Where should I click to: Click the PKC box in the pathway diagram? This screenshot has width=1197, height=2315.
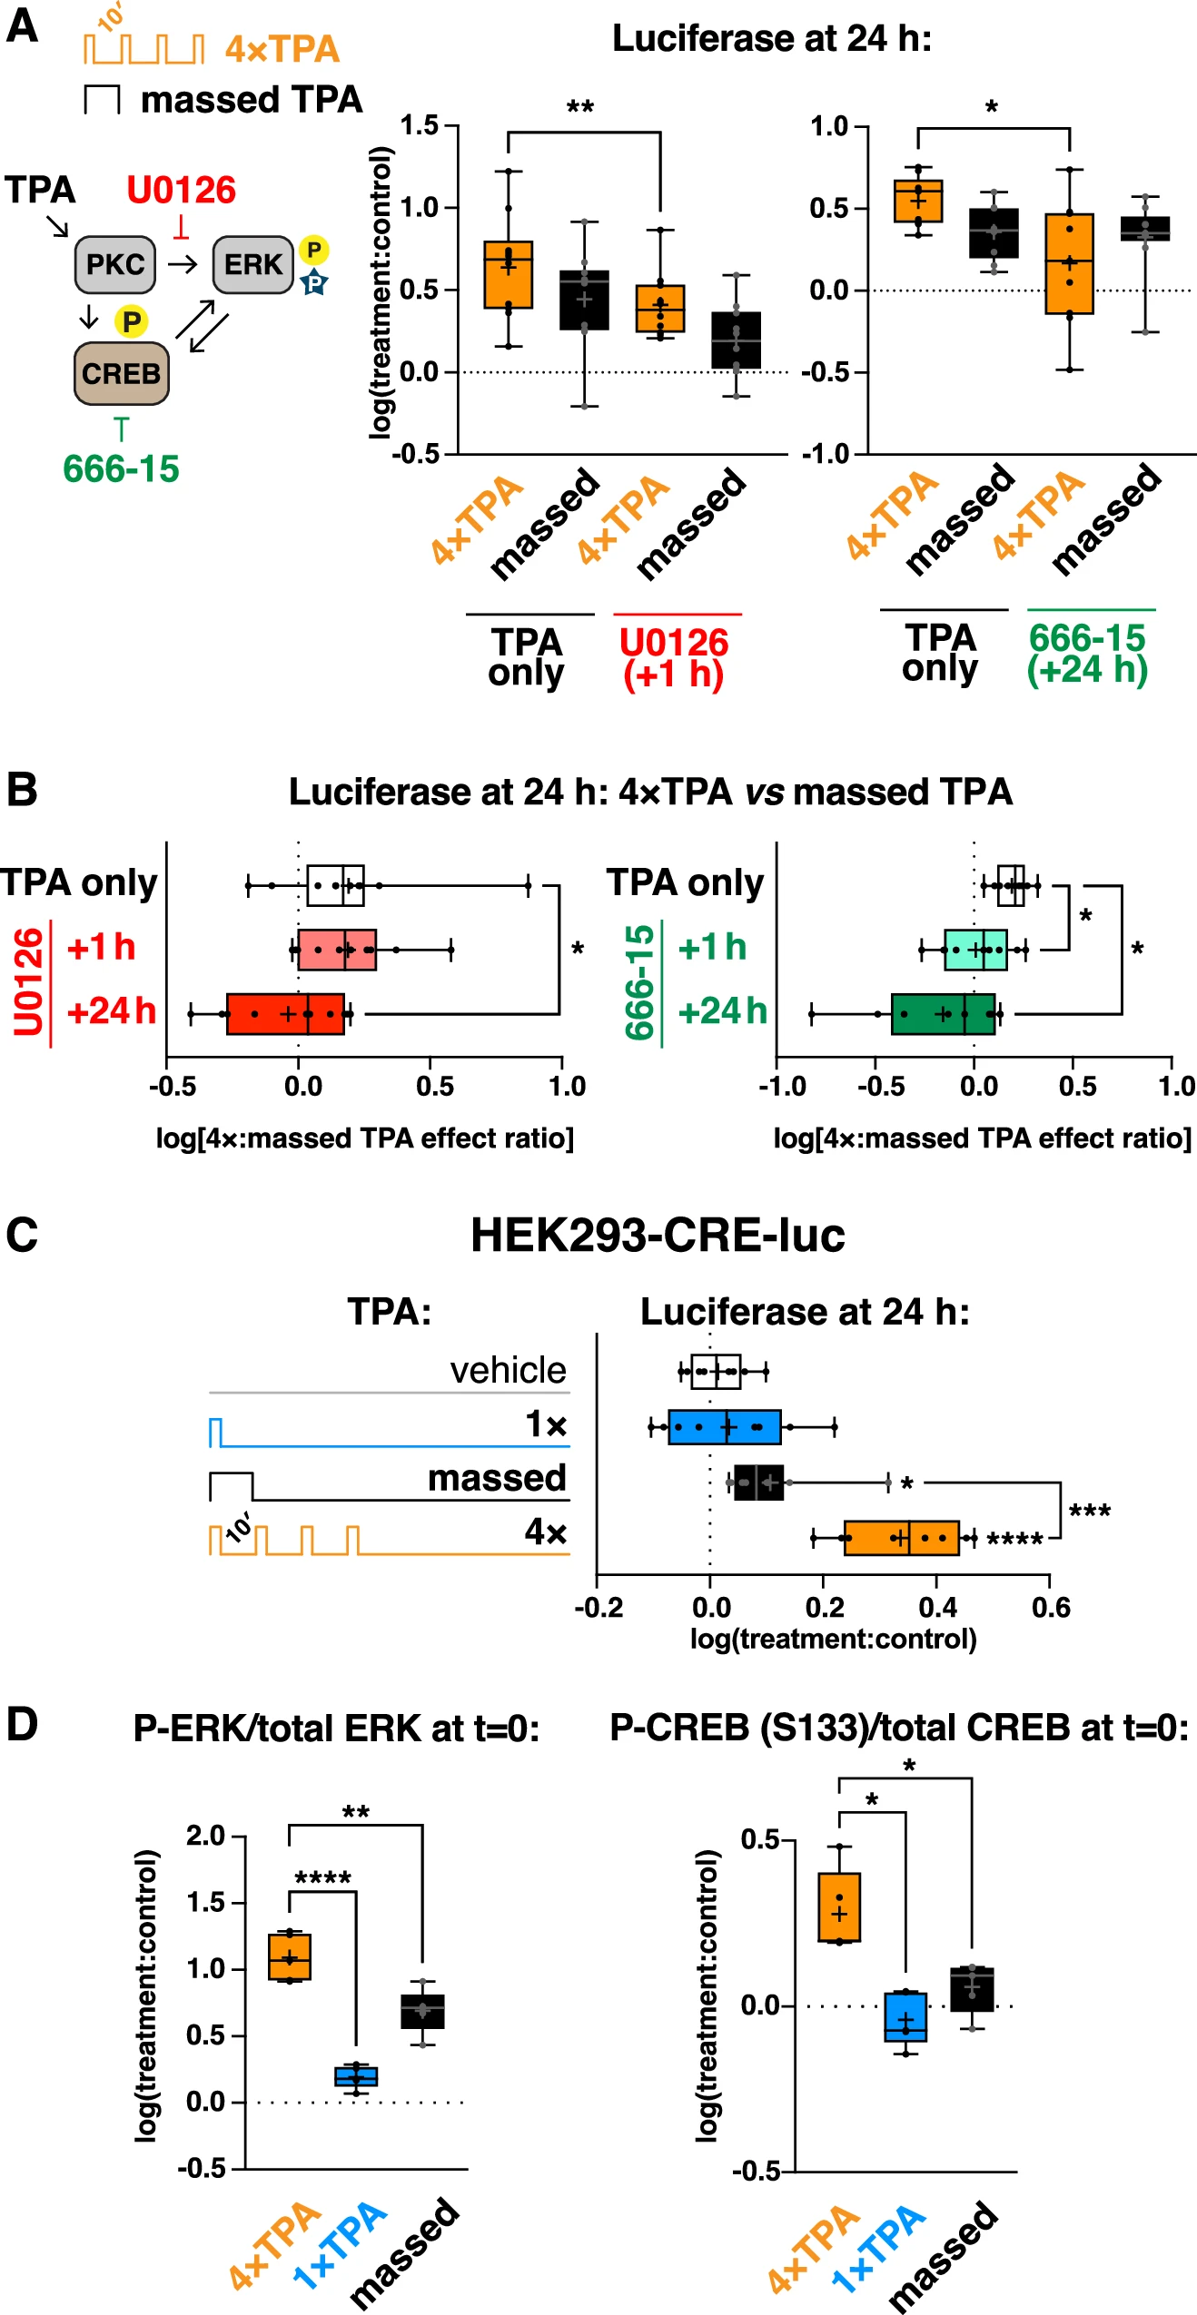click(115, 265)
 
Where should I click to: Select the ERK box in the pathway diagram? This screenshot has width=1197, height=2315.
click(252, 265)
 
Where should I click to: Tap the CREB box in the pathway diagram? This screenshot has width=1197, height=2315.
click(121, 373)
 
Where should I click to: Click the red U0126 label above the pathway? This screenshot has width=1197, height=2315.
click(181, 191)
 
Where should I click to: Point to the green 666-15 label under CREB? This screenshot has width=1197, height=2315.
click(121, 469)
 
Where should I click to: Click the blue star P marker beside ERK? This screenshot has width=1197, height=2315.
click(313, 282)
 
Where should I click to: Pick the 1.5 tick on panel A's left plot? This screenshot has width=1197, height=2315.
click(420, 125)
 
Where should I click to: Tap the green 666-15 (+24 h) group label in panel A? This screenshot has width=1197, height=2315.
click(1087, 654)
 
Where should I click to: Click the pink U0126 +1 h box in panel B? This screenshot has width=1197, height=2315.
click(337, 950)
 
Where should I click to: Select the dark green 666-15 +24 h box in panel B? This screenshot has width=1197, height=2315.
click(943, 1013)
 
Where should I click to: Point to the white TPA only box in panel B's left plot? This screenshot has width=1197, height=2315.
click(335, 885)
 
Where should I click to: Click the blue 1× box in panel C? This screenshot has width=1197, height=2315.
click(725, 1426)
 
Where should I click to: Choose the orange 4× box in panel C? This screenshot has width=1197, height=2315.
click(901, 1537)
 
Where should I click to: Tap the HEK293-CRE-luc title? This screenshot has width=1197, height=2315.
click(658, 1235)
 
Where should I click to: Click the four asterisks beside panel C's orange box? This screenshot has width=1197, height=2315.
click(1014, 1540)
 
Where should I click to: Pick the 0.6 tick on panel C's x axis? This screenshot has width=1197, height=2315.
click(1051, 1607)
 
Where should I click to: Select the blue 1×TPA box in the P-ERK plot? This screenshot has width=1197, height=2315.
click(356, 2076)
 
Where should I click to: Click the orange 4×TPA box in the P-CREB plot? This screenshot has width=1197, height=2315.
click(839, 1906)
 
